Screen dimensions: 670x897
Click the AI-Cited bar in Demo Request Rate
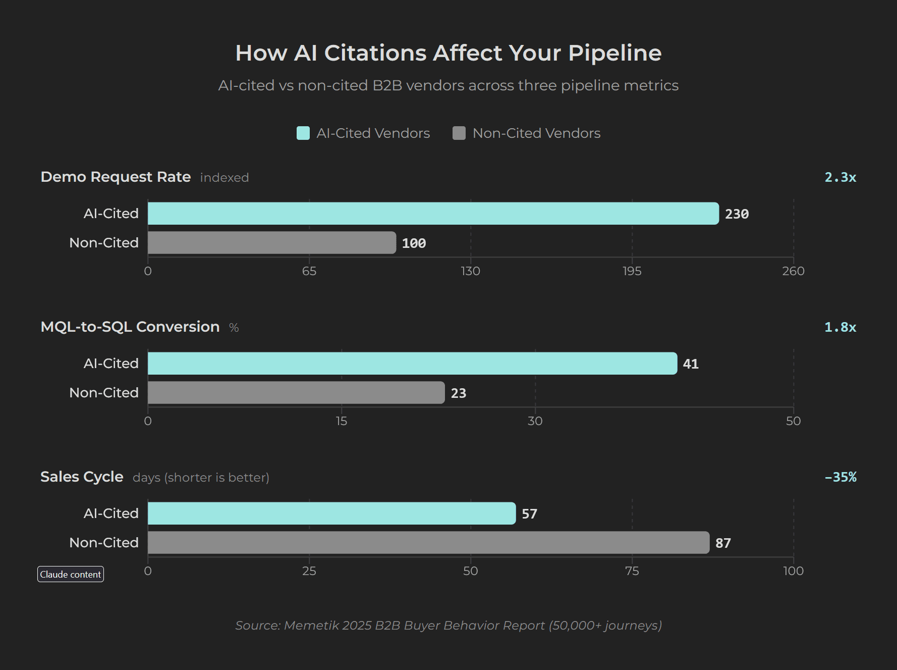pyautogui.click(x=433, y=214)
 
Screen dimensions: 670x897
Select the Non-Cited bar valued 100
pyautogui.click(x=271, y=243)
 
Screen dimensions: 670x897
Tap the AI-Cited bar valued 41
pyautogui.click(x=412, y=364)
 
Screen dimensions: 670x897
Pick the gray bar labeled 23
pyautogui.click(x=296, y=393)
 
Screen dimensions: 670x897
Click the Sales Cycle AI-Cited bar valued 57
pyautogui.click(x=331, y=513)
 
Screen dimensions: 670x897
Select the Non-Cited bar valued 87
pyautogui.click(x=428, y=543)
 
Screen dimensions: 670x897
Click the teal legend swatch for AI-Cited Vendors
pyautogui.click(x=303, y=133)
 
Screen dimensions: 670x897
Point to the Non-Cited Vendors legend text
pyautogui.click(x=536, y=133)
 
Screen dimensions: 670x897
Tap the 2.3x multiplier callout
pyautogui.click(x=840, y=177)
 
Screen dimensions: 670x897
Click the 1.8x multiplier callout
pyautogui.click(x=840, y=327)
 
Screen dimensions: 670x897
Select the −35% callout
pyautogui.click(x=840, y=477)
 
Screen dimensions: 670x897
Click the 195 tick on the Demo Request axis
pyautogui.click(x=632, y=271)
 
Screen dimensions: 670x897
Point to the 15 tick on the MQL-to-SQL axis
pyautogui.click(x=342, y=421)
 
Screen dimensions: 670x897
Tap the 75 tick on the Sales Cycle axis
pyautogui.click(x=632, y=571)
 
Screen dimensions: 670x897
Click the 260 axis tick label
pyautogui.click(x=793, y=271)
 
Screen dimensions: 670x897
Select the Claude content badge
pyautogui.click(x=71, y=574)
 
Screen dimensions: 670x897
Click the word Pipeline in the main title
pyautogui.click(x=614, y=53)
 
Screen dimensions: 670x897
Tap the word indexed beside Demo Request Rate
pyautogui.click(x=225, y=178)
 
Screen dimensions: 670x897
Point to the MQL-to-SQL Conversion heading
pyautogui.click(x=130, y=327)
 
